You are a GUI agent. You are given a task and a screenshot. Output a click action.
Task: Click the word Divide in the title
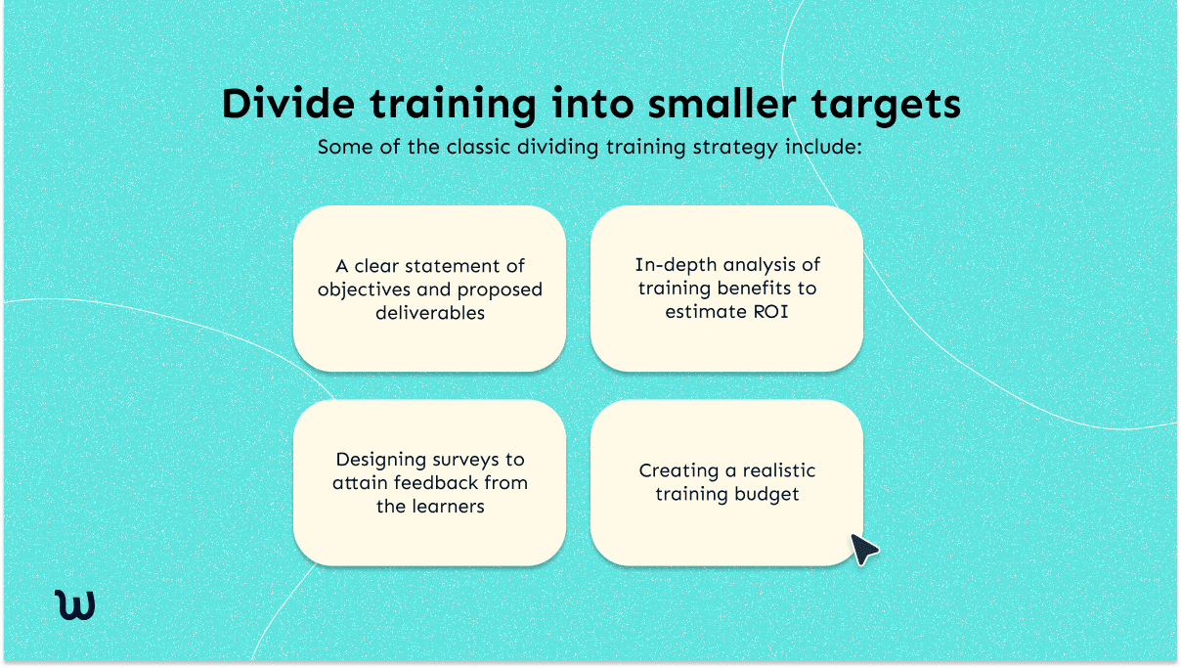pos(284,105)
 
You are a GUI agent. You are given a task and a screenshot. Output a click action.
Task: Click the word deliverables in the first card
pos(429,314)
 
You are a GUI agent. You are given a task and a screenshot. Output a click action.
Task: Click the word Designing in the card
pos(381,460)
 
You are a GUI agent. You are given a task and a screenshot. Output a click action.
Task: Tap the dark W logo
pos(75,605)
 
